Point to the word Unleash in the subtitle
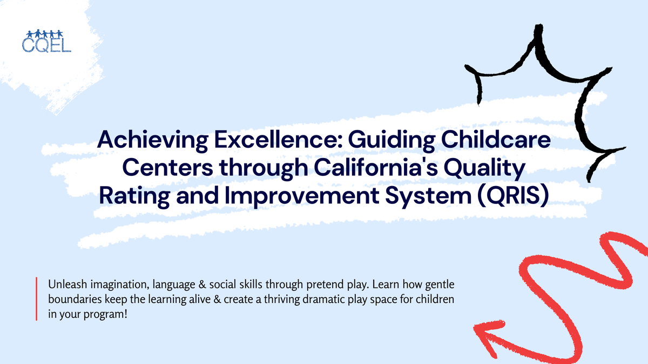click(66, 284)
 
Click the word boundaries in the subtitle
click(73, 299)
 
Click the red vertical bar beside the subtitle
click(37, 299)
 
